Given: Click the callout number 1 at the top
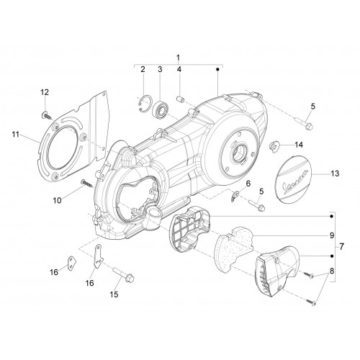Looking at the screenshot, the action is click(178, 58).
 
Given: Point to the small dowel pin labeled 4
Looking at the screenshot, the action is click(180, 99).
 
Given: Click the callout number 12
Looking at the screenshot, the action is click(45, 92).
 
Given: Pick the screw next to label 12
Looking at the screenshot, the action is click(48, 116).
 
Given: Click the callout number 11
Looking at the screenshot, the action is click(16, 135).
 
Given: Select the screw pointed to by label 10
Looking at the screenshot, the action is click(87, 184).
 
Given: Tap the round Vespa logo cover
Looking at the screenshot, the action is click(292, 179).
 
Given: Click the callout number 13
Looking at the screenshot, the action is click(335, 174).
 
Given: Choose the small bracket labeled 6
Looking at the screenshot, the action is click(235, 196).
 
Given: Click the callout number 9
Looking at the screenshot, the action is click(332, 235).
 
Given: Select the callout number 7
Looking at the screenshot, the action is click(341, 246).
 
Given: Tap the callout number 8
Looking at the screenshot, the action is click(332, 271).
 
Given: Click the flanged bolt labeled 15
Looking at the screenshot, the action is click(123, 275).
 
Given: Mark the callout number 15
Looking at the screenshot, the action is click(114, 294).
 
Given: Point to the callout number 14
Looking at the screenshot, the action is click(299, 145).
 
